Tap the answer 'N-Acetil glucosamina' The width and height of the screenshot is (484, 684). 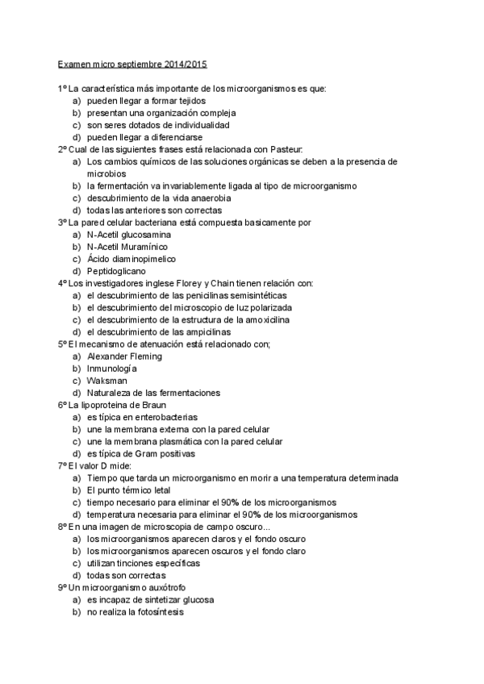coord(128,235)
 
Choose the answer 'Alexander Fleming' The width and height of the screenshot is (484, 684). coord(124,356)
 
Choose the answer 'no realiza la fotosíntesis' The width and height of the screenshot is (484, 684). coord(136,611)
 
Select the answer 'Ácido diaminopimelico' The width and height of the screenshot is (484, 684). coord(131,259)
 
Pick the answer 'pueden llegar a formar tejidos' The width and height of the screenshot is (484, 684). coord(146,101)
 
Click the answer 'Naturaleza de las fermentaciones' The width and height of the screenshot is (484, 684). coord(153,393)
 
